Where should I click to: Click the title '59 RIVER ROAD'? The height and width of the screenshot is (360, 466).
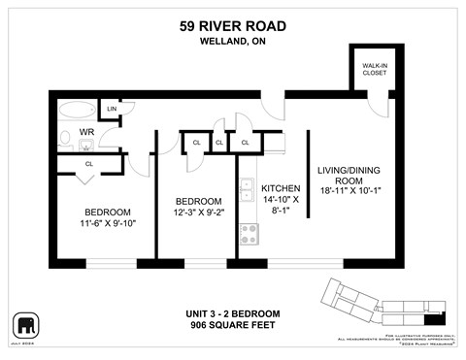pyautogui.click(x=232, y=27)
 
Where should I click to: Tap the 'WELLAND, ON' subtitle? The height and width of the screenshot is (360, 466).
pyautogui.click(x=232, y=43)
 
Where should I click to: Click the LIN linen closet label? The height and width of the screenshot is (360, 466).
pyautogui.click(x=112, y=109)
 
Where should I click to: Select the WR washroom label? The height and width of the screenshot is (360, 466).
pyautogui.click(x=86, y=131)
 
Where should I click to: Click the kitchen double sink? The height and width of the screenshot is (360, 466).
pyautogui.click(x=248, y=187)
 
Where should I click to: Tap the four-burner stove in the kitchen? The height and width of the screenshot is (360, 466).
pyautogui.click(x=248, y=233)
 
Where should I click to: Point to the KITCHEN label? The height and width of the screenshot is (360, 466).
pyautogui.click(x=281, y=188)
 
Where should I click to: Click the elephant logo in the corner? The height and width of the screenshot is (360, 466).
pyautogui.click(x=24, y=323)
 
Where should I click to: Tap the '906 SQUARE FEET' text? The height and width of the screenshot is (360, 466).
pyautogui.click(x=232, y=325)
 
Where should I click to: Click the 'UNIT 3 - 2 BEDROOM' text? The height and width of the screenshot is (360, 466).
pyautogui.click(x=232, y=313)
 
